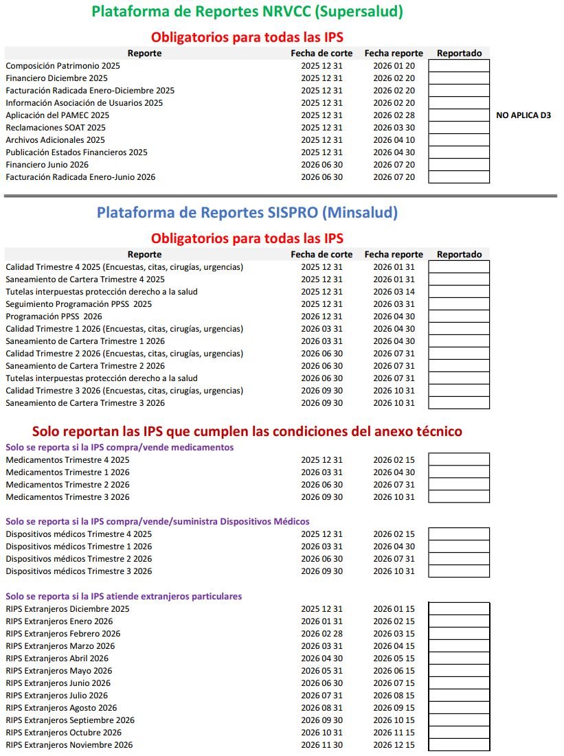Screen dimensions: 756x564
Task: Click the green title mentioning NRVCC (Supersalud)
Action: [247, 12]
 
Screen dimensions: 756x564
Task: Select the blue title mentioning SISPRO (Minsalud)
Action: [247, 213]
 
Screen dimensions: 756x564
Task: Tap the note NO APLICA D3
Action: [523, 115]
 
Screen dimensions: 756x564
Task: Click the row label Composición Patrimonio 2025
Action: [63, 66]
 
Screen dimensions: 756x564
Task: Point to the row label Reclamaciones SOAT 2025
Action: [56, 128]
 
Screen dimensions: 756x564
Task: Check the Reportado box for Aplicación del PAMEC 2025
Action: [459, 115]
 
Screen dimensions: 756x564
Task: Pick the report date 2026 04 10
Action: [394, 140]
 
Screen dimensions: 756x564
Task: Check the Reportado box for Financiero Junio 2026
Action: [459, 165]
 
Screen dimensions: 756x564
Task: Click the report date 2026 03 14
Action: [394, 292]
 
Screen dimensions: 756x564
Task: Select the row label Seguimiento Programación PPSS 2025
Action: [79, 304]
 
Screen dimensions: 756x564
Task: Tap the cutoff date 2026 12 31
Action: [322, 317]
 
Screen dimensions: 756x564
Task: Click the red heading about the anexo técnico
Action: [247, 431]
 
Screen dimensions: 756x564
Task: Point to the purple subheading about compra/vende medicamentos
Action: [120, 447]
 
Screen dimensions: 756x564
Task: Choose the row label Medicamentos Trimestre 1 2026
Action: [67, 472]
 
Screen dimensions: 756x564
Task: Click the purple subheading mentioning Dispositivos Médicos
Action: [157, 521]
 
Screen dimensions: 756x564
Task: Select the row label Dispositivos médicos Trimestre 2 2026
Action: [79, 559]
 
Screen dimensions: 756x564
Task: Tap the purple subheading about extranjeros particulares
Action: [124, 596]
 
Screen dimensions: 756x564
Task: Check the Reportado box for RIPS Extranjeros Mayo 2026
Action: [459, 671]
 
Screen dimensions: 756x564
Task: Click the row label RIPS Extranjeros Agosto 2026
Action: [61, 708]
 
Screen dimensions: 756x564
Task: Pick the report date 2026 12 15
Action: [394, 745]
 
